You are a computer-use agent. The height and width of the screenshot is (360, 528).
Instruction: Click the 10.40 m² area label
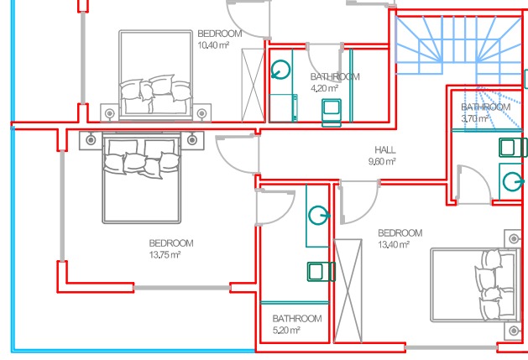click(213, 45)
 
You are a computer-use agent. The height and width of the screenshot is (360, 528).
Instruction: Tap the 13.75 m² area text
click(165, 254)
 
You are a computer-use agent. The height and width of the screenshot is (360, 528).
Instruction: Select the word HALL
click(385, 150)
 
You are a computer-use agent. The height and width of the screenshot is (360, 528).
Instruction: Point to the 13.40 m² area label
click(394, 244)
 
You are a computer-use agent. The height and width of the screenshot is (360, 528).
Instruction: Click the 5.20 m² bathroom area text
click(286, 330)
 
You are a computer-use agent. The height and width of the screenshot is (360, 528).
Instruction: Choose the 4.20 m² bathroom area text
click(324, 88)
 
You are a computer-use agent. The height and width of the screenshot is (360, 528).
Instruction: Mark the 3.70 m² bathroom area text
click(475, 118)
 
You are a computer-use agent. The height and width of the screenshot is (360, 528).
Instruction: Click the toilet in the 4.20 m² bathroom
click(332, 112)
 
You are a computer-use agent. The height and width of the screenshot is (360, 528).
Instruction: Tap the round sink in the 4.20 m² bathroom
click(280, 70)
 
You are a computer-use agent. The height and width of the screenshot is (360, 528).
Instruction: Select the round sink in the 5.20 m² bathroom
click(319, 215)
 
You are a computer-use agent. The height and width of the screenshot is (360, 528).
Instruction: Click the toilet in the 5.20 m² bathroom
click(322, 271)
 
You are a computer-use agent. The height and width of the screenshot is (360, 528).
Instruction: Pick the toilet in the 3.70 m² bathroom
click(513, 148)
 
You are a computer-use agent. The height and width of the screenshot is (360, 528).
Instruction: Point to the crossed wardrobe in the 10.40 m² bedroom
click(253, 85)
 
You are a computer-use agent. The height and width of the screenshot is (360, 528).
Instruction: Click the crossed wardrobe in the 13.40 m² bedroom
click(348, 291)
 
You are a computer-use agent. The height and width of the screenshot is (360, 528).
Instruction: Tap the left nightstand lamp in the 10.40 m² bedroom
click(109, 113)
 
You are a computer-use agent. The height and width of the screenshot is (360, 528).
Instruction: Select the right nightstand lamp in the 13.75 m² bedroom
click(192, 139)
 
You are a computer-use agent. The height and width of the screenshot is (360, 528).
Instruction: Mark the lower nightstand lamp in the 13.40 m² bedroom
click(514, 331)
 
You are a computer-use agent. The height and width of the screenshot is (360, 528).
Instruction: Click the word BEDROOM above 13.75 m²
click(171, 243)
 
